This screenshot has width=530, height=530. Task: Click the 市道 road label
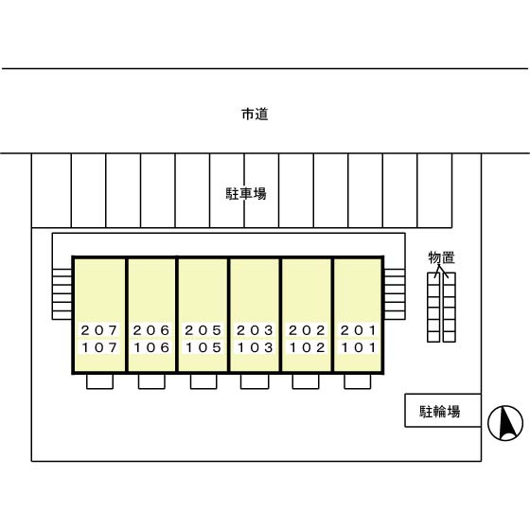click(255, 115)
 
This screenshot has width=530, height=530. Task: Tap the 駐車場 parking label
click(246, 194)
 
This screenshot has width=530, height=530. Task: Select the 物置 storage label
click(441, 257)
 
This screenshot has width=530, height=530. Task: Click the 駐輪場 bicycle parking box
click(443, 410)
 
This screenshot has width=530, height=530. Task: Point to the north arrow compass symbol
click(505, 423)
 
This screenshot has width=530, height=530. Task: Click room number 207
click(99, 330)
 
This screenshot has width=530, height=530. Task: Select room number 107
click(99, 347)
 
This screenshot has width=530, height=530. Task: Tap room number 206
click(151, 330)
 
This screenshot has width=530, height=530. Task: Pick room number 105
click(203, 347)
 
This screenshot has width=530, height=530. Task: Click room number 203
click(255, 330)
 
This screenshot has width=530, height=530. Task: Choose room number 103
click(255, 347)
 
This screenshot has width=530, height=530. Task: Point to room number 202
click(307, 330)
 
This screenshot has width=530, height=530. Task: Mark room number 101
click(359, 347)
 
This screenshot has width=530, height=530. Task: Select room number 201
click(359, 330)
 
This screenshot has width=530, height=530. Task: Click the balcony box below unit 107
click(99, 381)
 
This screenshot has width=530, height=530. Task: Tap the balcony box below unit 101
click(358, 381)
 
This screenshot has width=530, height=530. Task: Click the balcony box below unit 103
click(255, 381)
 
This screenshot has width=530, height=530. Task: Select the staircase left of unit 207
click(62, 294)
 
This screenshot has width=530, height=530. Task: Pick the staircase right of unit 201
click(395, 294)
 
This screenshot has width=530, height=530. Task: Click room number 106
click(151, 347)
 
